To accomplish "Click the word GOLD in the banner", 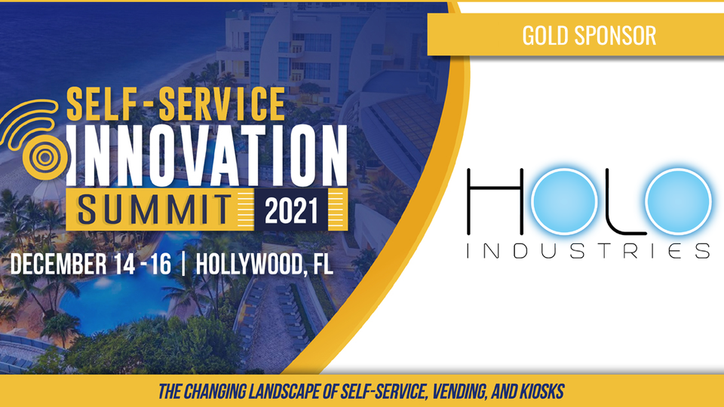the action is (545, 35).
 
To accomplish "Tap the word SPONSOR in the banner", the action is (615, 35).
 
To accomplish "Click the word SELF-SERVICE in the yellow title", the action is (176, 104).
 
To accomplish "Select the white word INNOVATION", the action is (207, 155).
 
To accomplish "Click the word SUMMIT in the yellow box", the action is (154, 210).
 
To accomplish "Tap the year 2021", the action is (291, 211).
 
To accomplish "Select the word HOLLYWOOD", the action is (250, 264).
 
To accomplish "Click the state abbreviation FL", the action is (323, 264).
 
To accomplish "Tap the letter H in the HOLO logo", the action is (495, 201).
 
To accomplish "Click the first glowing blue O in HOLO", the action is (564, 201).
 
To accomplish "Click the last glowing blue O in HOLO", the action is (678, 201).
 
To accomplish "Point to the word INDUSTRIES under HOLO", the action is (588, 250).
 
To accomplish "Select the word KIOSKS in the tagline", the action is (541, 392).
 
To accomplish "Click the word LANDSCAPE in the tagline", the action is (284, 392).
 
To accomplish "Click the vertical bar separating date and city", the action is (184, 264).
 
